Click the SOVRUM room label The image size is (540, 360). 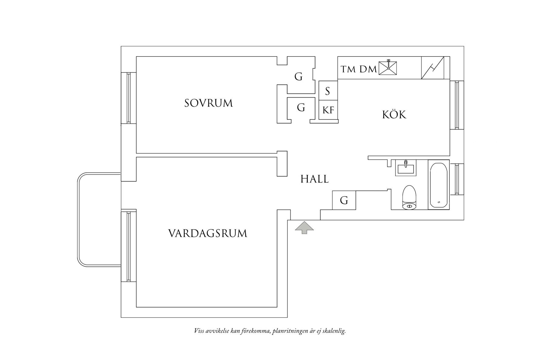(x=208, y=103)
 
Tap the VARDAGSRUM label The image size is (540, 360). (x=208, y=234)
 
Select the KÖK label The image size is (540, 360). (x=394, y=115)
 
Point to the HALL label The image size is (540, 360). (x=315, y=179)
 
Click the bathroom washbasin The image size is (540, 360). (x=406, y=168)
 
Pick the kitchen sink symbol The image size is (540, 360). (x=388, y=68)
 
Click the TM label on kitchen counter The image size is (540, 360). (x=348, y=69)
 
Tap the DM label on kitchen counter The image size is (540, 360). (x=368, y=69)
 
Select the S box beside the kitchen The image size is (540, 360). (x=328, y=91)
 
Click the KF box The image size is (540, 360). (x=328, y=110)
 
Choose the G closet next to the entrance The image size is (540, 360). (x=344, y=200)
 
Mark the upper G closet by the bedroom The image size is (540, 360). (x=299, y=77)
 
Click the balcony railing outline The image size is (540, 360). (x=79, y=220)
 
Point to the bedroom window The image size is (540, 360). (x=128, y=98)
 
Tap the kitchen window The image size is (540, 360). (x=457, y=105)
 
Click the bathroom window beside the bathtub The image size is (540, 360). (x=457, y=179)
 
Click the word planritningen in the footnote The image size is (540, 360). (x=290, y=331)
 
